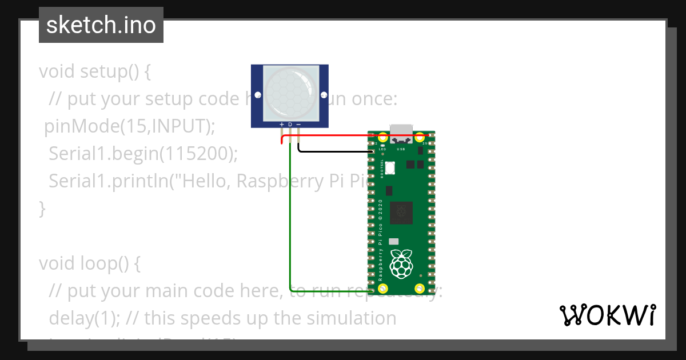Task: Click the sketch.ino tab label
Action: (x=101, y=25)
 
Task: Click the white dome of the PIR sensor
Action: (x=290, y=91)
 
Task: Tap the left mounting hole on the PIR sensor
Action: (x=258, y=95)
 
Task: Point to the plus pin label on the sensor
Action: (x=281, y=124)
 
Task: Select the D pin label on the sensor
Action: (x=290, y=124)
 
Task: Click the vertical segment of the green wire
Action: (x=290, y=229)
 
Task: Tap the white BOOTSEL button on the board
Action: (x=390, y=168)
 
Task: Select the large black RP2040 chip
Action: (x=401, y=213)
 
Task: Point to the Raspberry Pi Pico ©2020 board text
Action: (x=380, y=240)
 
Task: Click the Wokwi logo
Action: (x=607, y=315)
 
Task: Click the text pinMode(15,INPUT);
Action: (x=130, y=126)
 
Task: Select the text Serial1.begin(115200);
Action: (x=142, y=153)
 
